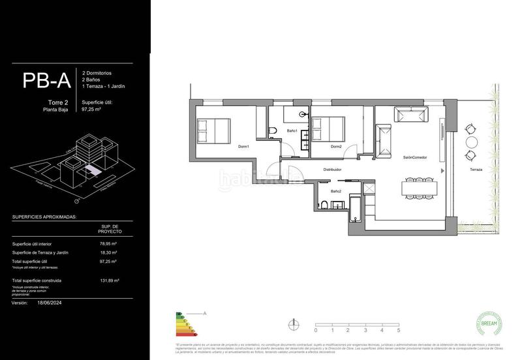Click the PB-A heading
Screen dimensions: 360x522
46,80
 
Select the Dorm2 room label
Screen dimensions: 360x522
336,146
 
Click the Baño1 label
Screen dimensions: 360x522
292,132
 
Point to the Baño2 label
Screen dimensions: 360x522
336,191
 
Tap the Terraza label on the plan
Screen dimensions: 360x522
476,170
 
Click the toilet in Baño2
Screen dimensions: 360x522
324,205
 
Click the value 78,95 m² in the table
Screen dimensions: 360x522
108,243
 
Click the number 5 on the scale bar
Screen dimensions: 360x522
398,331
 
